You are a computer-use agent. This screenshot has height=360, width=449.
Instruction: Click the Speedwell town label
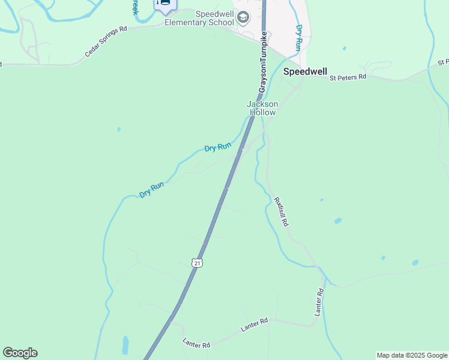[305, 71]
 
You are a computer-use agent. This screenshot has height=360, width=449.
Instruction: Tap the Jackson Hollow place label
[262, 108]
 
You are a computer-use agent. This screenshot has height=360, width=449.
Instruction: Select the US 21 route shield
[197, 262]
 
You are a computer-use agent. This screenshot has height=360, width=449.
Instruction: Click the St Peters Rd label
[348, 77]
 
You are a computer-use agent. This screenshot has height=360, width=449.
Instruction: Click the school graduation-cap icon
[243, 17]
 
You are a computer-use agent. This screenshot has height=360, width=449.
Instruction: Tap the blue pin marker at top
[164, 4]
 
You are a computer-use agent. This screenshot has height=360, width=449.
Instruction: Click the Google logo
[20, 353]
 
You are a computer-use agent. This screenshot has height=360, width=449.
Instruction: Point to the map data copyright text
[412, 355]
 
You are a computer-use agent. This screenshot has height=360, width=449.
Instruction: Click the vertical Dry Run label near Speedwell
[298, 36]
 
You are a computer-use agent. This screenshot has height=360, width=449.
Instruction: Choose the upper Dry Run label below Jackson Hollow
[217, 147]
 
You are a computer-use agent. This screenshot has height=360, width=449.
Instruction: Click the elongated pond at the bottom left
[125, 345]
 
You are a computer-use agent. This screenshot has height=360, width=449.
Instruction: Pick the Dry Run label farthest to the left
[151, 190]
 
